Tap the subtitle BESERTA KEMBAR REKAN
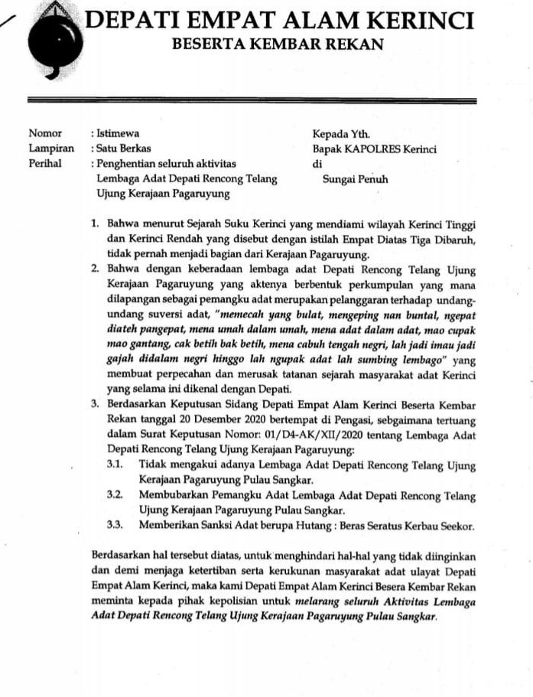point(278,45)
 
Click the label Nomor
point(44,133)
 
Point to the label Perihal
point(46,164)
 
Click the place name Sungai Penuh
point(356,180)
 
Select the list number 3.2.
point(115,495)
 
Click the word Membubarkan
point(177,495)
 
